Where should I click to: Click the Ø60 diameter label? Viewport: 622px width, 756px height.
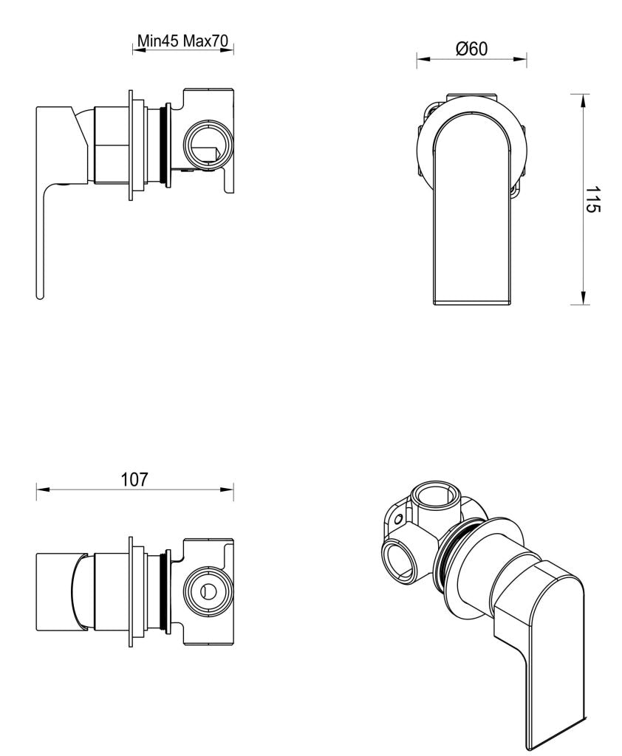(471, 49)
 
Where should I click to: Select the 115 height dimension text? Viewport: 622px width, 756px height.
(592, 199)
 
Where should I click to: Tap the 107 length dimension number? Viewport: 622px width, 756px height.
(134, 478)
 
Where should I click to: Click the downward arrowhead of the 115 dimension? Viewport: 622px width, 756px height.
(584, 298)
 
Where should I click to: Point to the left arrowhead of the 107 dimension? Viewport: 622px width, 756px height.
(41, 489)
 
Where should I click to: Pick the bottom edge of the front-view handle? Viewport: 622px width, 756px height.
(471, 303)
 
